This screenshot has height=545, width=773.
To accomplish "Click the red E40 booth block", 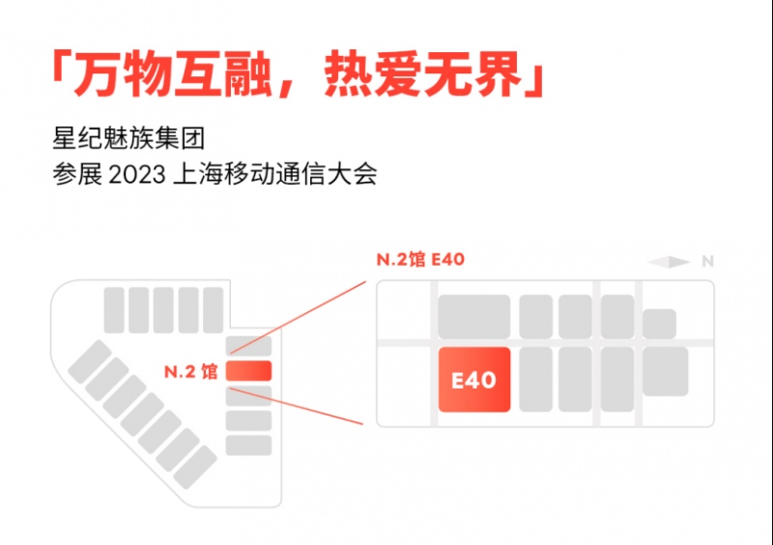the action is (x=474, y=380).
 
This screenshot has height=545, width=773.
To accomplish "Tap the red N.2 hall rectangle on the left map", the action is (x=248, y=371).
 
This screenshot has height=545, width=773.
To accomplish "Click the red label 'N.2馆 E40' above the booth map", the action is (x=420, y=259).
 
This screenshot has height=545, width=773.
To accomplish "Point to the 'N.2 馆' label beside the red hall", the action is (x=190, y=371).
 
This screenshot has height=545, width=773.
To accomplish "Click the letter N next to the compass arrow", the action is (x=708, y=262).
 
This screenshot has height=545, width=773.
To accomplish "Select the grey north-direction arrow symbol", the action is (x=669, y=262).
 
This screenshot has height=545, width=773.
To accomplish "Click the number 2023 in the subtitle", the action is (x=136, y=175).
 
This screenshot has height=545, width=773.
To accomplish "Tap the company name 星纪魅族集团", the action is (x=129, y=138).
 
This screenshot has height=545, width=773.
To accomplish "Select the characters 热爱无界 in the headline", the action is (x=423, y=74).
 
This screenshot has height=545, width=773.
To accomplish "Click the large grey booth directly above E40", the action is (x=474, y=317).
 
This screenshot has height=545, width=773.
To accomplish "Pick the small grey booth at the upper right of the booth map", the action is (x=659, y=324).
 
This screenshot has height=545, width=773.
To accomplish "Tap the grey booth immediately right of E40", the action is (x=536, y=380).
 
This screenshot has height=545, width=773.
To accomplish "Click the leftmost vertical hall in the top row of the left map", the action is (x=114, y=310).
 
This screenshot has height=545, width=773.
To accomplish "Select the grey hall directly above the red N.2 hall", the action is (x=248, y=346).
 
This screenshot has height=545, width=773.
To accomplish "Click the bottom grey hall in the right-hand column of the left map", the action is (x=248, y=445).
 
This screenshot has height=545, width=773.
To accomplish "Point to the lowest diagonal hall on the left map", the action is (x=195, y=467).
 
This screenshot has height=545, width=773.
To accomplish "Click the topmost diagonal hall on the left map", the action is (x=89, y=361).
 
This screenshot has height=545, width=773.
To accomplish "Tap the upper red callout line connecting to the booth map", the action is (x=298, y=318).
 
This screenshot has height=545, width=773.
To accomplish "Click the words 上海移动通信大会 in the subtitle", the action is (x=275, y=175).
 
